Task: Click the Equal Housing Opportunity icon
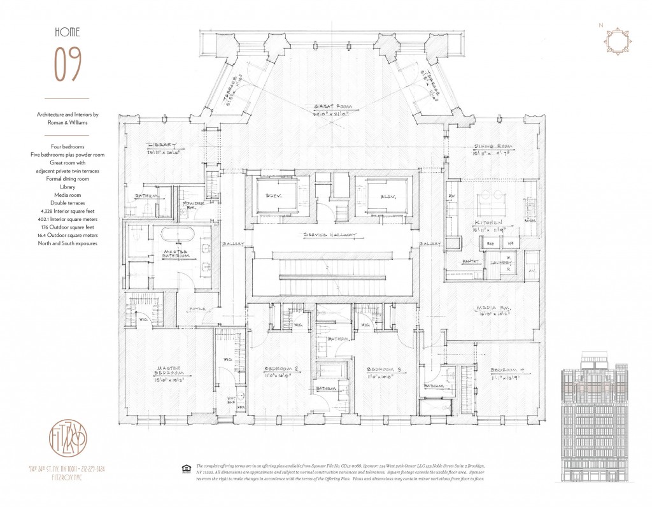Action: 187,469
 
